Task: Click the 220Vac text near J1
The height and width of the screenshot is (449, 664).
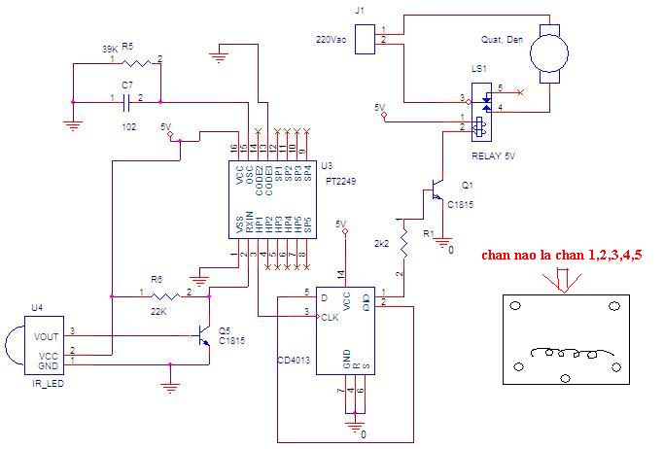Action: tap(332, 40)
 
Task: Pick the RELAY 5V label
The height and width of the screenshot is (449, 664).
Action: tap(491, 155)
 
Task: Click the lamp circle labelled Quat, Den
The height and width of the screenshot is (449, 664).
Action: tap(551, 50)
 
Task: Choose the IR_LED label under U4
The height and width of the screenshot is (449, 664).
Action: tap(43, 383)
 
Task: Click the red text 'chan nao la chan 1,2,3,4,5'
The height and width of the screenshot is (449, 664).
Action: tap(561, 256)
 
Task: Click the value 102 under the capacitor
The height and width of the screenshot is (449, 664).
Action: tap(128, 125)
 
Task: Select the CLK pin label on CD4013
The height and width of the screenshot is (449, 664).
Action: tap(330, 316)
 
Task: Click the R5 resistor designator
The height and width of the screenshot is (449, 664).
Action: tap(127, 46)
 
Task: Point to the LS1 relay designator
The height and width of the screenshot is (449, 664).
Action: tap(478, 72)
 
